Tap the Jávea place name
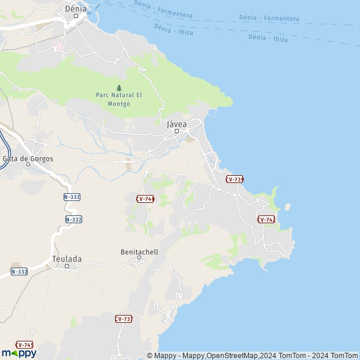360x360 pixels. [x=176, y=124]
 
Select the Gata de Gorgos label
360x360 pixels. [x=28, y=158]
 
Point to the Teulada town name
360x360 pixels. [x=67, y=259]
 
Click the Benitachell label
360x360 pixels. [x=139, y=252]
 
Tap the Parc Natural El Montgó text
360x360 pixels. [x=118, y=99]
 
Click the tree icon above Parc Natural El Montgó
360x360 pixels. [x=119, y=88]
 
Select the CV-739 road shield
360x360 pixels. [x=235, y=179]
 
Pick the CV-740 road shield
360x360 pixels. [x=145, y=199]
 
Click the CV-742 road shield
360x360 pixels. [x=266, y=220]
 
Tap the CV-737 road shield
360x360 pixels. [x=124, y=319]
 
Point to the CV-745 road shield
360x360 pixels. [x=25, y=345]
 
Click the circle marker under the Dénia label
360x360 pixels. [x=76, y=16]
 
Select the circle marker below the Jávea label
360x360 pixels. [x=176, y=131]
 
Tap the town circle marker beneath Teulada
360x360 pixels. [x=67, y=266]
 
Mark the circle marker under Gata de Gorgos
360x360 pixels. [x=28, y=164]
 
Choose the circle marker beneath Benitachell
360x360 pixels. [x=139, y=259]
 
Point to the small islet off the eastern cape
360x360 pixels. [x=287, y=206]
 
